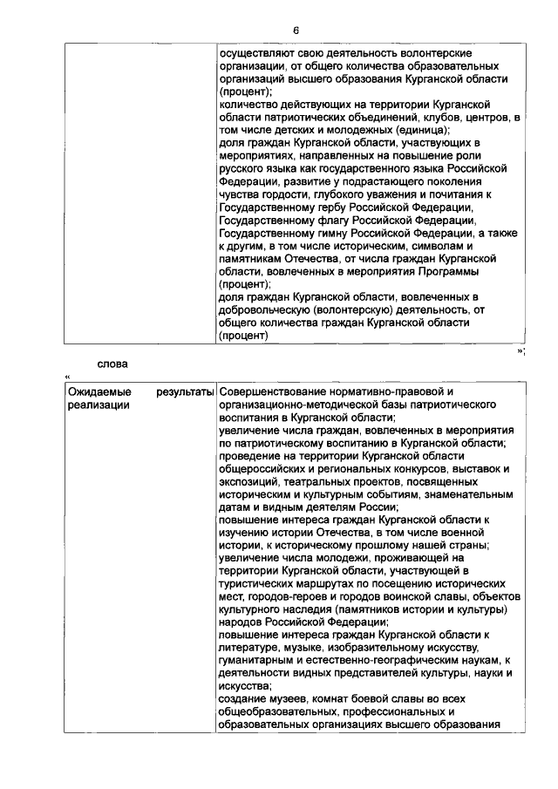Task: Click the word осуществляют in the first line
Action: click(252, 54)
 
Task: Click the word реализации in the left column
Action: click(99, 405)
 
